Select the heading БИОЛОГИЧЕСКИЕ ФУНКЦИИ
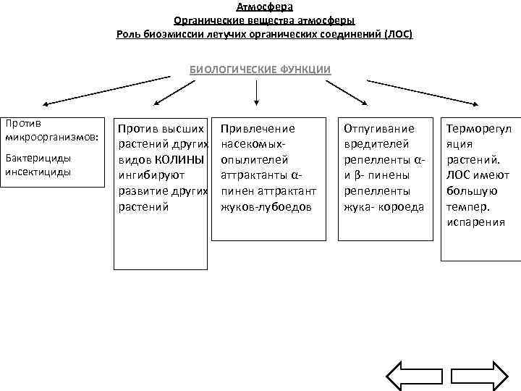point(260,70)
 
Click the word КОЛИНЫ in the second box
point(180,159)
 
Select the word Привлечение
point(258,128)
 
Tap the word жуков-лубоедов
point(265,206)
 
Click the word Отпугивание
point(379,128)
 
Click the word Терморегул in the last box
point(478,128)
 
